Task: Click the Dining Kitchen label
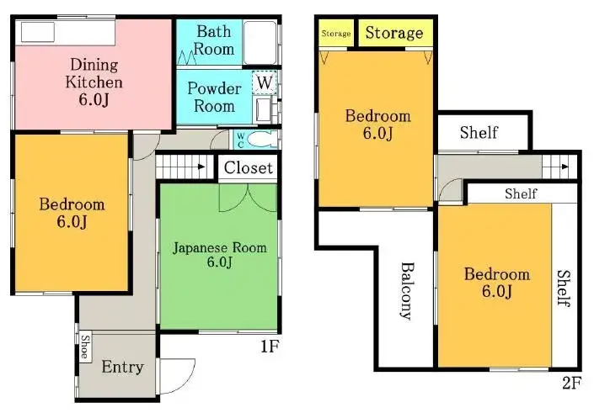94,73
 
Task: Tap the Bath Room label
214,40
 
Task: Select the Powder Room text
214,97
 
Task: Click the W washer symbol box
265,83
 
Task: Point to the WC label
240,139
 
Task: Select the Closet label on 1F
249,167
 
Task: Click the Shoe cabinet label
85,347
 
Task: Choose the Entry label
122,368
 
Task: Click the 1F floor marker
269,346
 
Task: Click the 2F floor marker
571,384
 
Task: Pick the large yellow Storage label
393,33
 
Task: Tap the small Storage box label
336,34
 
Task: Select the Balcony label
405,291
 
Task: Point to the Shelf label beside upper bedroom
479,132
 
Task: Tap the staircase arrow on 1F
201,167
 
